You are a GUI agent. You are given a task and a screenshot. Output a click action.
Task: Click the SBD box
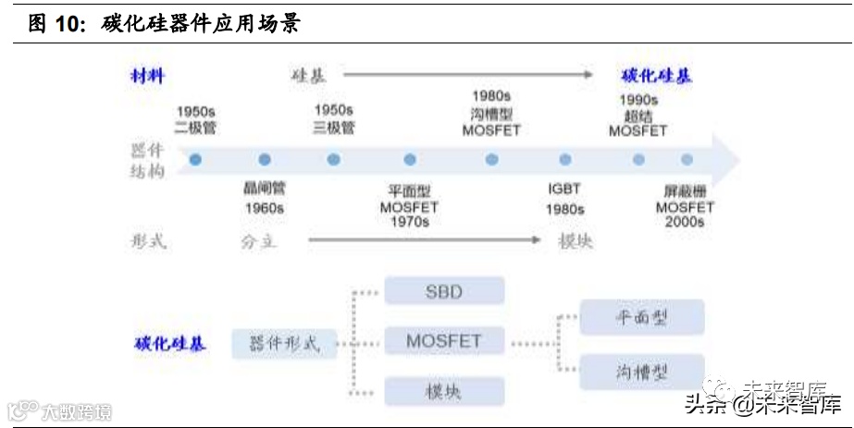click(x=444, y=292)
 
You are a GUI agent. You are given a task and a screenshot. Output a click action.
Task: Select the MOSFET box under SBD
click(x=444, y=341)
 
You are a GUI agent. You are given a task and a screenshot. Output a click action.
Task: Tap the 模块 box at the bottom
click(x=444, y=390)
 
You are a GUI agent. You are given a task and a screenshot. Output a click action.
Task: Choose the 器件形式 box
click(x=284, y=344)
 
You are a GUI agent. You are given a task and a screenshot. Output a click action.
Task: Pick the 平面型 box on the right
click(x=641, y=318)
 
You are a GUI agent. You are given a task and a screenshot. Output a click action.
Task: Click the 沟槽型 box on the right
click(x=641, y=372)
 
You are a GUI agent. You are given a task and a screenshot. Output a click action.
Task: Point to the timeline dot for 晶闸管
click(x=265, y=160)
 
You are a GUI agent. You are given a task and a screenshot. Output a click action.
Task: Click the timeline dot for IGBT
click(x=564, y=160)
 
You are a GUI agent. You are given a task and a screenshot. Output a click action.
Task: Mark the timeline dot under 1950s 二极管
click(x=196, y=160)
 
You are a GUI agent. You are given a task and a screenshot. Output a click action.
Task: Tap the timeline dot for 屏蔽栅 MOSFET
click(x=687, y=160)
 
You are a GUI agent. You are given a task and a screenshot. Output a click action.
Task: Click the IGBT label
click(x=564, y=189)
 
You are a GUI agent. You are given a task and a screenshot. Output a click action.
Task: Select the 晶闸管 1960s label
click(x=264, y=197)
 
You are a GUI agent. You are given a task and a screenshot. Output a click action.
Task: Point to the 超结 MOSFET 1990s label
click(x=637, y=116)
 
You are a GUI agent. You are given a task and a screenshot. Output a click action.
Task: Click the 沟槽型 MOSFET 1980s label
click(x=491, y=113)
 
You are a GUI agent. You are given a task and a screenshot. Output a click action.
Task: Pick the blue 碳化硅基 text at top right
click(x=656, y=77)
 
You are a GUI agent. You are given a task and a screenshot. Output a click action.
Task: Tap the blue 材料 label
click(x=147, y=77)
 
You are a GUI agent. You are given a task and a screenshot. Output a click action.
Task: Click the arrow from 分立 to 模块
click(x=424, y=240)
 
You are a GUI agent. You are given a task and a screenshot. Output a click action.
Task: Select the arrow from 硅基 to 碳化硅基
click(x=468, y=75)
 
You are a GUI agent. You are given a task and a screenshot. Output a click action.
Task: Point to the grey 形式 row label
click(x=148, y=241)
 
